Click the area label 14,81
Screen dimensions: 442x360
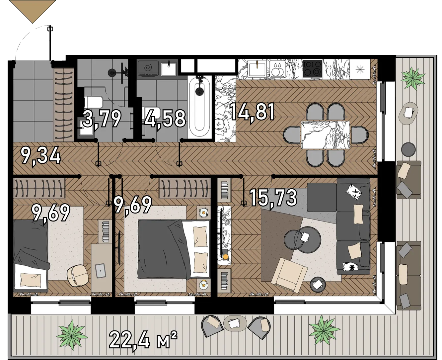(x=252, y=112)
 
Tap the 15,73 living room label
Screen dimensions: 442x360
(x=273, y=199)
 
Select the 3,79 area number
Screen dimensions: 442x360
(x=102, y=119)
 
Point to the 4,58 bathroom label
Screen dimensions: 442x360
(x=165, y=119)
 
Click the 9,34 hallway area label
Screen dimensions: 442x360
(x=41, y=156)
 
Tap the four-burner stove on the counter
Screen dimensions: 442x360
(x=312, y=69)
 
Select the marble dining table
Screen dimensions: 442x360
(x=325, y=135)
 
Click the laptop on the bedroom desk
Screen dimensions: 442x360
(x=101, y=271)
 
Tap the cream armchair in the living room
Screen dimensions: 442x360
(x=289, y=275)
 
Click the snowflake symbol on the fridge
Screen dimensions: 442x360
(x=360, y=69)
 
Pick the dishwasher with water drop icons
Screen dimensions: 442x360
(x=277, y=69)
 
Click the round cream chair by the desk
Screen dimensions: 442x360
(x=78, y=276)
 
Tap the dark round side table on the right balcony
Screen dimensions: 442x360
(x=408, y=149)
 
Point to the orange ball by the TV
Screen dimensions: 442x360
(x=226, y=257)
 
